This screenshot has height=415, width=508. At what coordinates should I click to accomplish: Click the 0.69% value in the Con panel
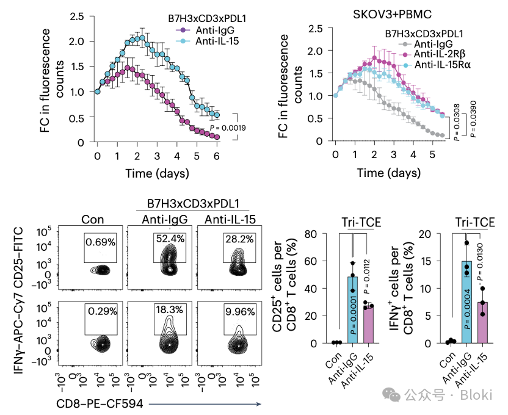pos(100,242)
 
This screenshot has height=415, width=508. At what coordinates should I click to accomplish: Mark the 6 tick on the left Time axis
pos(217,156)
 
